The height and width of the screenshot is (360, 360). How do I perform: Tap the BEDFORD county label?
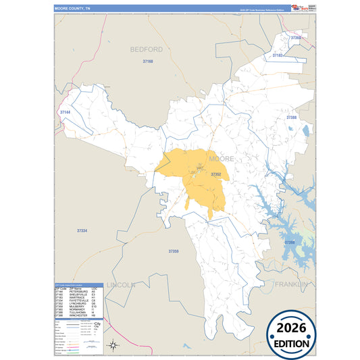[147, 49]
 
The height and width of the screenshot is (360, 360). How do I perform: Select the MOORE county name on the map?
[222, 159]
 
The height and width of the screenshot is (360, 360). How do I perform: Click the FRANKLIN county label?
[291, 285]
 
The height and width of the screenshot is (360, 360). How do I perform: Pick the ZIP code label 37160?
[148, 61]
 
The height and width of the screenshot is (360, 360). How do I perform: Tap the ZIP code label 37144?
[65, 111]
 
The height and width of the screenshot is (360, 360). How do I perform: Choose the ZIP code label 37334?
[82, 231]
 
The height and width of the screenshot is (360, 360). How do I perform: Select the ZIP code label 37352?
[216, 174]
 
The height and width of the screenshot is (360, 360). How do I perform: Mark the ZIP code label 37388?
[291, 118]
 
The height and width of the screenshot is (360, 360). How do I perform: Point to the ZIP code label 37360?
[296, 38]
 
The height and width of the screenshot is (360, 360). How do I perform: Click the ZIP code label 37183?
[277, 55]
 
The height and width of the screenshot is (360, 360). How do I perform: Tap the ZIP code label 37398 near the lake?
[289, 241]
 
